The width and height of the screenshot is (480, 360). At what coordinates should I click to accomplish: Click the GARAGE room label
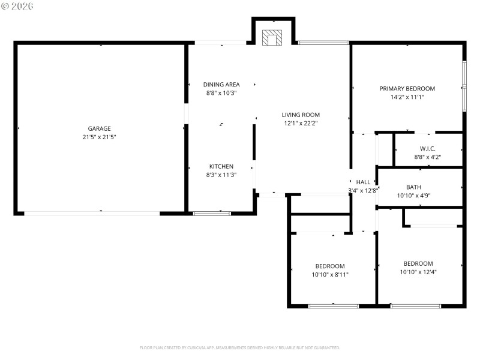[100, 128]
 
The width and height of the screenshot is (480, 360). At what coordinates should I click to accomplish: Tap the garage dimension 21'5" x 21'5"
[100, 137]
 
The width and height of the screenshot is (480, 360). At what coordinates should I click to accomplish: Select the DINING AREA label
[221, 85]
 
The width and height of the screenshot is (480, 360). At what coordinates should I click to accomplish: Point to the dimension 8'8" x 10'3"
[221, 93]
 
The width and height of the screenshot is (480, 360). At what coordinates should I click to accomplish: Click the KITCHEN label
[221, 166]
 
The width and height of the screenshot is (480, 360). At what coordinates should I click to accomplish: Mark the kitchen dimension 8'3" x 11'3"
[221, 175]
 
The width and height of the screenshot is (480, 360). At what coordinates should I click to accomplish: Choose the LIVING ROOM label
[301, 115]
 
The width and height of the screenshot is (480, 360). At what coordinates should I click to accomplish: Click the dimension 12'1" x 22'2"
[301, 123]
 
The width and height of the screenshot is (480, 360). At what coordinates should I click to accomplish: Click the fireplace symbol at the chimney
[272, 37]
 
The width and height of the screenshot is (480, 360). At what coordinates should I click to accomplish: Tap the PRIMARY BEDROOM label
[407, 88]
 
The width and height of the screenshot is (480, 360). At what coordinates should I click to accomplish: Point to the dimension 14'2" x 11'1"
[407, 97]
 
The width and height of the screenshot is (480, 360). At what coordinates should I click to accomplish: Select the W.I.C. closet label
[427, 148]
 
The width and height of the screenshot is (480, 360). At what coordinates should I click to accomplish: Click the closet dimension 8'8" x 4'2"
[427, 157]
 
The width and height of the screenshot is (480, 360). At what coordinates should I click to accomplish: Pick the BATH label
[413, 187]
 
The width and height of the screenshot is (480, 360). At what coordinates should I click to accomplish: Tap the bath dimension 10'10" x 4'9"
[413, 195]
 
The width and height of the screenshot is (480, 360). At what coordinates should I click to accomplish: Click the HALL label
[363, 182]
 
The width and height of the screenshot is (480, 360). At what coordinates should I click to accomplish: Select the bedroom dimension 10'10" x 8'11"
[330, 275]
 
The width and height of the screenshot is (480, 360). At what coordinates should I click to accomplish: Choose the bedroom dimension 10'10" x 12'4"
[418, 272]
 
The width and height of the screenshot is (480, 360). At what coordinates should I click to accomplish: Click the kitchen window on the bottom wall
[212, 213]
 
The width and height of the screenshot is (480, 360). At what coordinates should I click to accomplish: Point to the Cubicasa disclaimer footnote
[240, 347]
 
